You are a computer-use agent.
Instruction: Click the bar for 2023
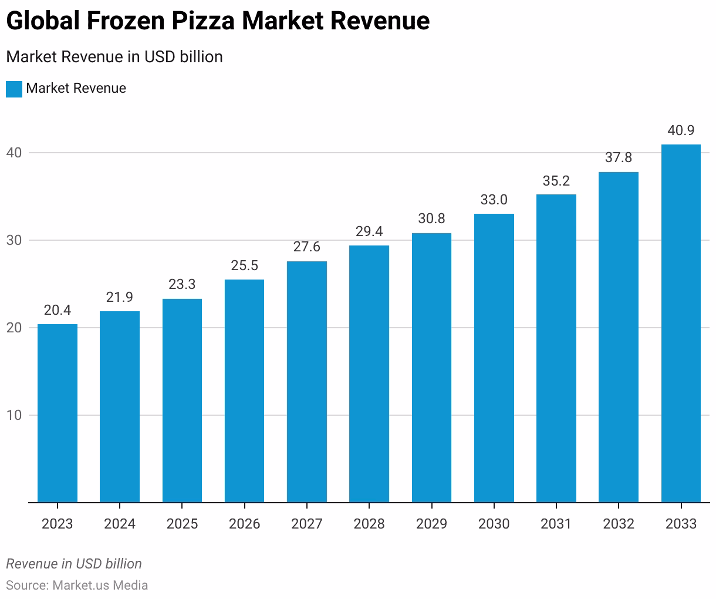[58, 413]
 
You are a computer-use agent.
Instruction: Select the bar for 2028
[369, 374]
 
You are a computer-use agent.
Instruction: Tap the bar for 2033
[681, 324]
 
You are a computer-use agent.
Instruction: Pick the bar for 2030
[494, 358]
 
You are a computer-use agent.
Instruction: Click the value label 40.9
[681, 130]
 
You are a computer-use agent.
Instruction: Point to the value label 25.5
[244, 265]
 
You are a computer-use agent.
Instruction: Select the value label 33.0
[494, 200]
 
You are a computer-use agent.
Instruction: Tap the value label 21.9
[120, 297]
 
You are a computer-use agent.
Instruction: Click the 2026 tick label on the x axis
[244, 523]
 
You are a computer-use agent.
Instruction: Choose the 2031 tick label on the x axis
[556, 523]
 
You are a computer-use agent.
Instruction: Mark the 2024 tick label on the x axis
[120, 523]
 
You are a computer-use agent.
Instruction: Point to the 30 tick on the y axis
[14, 240]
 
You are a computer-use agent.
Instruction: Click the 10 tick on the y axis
[14, 415]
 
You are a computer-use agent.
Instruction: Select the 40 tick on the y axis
[14, 153]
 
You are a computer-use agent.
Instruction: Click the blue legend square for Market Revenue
[14, 89]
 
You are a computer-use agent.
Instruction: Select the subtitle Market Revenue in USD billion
[114, 57]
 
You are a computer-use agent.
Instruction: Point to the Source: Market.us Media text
[77, 585]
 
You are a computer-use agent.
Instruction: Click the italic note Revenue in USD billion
[74, 564]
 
